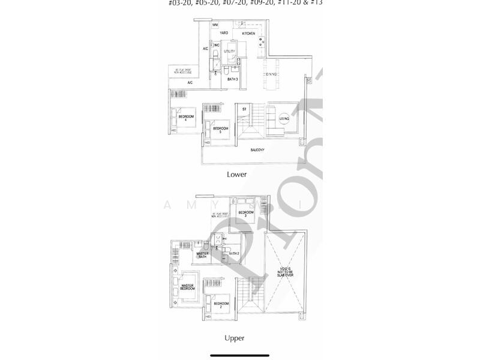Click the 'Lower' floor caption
(236, 175)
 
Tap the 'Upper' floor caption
(235, 338)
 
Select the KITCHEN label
(248, 34)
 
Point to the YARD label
(224, 34)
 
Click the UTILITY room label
(229, 52)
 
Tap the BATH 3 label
(233, 79)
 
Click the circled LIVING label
(284, 119)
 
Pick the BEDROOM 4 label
(186, 118)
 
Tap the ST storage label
(244, 109)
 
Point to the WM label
(214, 25)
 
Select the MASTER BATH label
(203, 256)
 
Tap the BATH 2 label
(234, 254)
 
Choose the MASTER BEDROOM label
(188, 287)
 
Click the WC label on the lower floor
(217, 46)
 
